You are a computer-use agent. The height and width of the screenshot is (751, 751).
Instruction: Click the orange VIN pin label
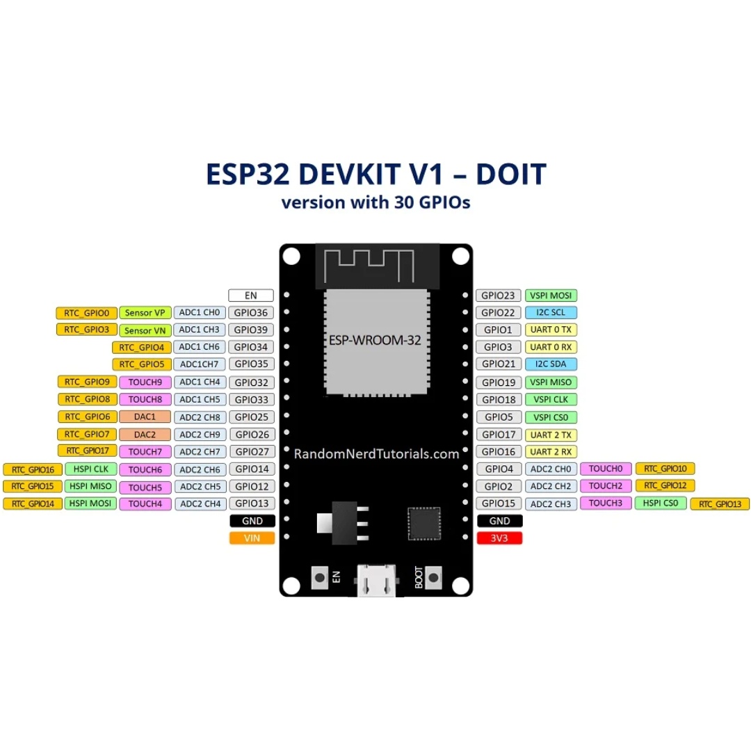pyautogui.click(x=252, y=538)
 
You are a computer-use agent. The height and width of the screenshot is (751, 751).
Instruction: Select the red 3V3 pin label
pyautogui.click(x=499, y=538)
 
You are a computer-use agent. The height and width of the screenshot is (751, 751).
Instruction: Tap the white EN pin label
pyautogui.click(x=251, y=296)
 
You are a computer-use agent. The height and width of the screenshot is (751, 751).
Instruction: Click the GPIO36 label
pyautogui.click(x=251, y=313)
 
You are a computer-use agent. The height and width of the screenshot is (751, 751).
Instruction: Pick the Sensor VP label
pyautogui.click(x=145, y=313)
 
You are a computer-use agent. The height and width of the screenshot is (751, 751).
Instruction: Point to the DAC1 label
pyautogui.click(x=145, y=417)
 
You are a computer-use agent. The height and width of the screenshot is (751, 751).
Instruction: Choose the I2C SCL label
pyautogui.click(x=551, y=313)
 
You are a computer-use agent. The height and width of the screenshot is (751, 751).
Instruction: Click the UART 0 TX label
pyautogui.click(x=551, y=330)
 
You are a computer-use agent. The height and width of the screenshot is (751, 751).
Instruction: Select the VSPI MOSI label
pyautogui.click(x=551, y=296)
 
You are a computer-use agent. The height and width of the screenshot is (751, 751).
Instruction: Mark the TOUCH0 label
pyautogui.click(x=605, y=469)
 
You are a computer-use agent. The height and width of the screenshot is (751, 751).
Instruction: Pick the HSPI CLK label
pyautogui.click(x=90, y=469)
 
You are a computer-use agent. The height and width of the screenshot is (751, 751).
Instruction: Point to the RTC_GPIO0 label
pyautogui.click(x=86, y=313)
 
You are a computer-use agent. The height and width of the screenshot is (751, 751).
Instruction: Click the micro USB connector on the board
pyautogui.click(x=376, y=581)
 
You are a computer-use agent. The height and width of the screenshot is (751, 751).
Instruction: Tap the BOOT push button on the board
pyautogui.click(x=434, y=576)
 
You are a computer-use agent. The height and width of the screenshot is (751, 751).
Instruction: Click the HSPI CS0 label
pyautogui.click(x=660, y=503)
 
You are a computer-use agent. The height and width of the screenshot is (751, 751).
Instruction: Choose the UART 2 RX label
pyautogui.click(x=551, y=451)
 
